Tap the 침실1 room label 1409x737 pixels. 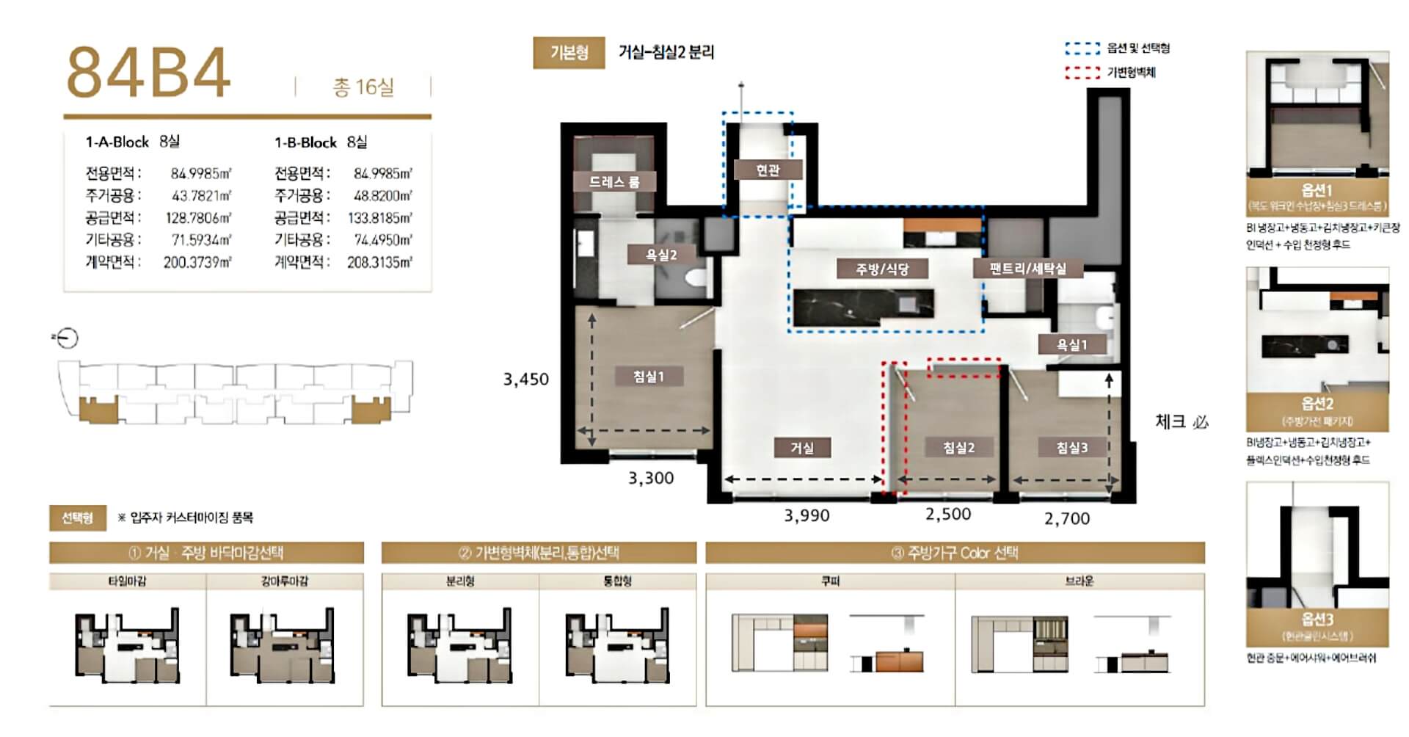(649, 377)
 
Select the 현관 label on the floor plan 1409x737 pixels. (768, 170)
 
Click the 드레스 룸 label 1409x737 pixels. (614, 181)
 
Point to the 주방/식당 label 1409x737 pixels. (882, 269)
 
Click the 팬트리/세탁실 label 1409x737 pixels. (1027, 269)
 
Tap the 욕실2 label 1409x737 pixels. (660, 255)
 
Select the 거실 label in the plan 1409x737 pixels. (802, 448)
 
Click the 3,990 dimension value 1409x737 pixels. (807, 516)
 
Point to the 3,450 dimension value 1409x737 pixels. (525, 380)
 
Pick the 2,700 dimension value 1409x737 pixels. (1066, 519)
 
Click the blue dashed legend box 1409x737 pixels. (1082, 48)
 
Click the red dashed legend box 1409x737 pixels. (1082, 73)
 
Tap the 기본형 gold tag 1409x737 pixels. (569, 53)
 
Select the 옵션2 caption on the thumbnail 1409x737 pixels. (1317, 404)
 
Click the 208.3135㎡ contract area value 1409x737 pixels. (379, 262)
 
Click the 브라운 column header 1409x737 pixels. (1079, 581)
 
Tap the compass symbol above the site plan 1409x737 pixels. (68, 338)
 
